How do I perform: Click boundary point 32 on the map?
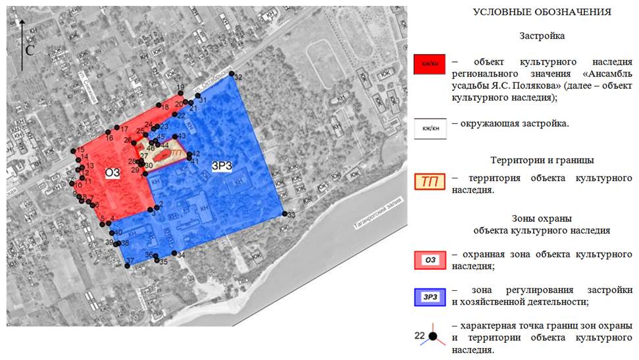(x=231, y=76)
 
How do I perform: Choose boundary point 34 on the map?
(x=173, y=253)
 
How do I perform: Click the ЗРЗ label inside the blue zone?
(x=221, y=165)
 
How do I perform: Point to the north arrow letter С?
(x=30, y=50)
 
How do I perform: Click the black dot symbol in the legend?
(x=433, y=336)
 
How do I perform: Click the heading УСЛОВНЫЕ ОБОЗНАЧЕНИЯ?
(x=542, y=13)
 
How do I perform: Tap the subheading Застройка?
(x=542, y=36)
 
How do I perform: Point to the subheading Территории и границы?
(x=542, y=161)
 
